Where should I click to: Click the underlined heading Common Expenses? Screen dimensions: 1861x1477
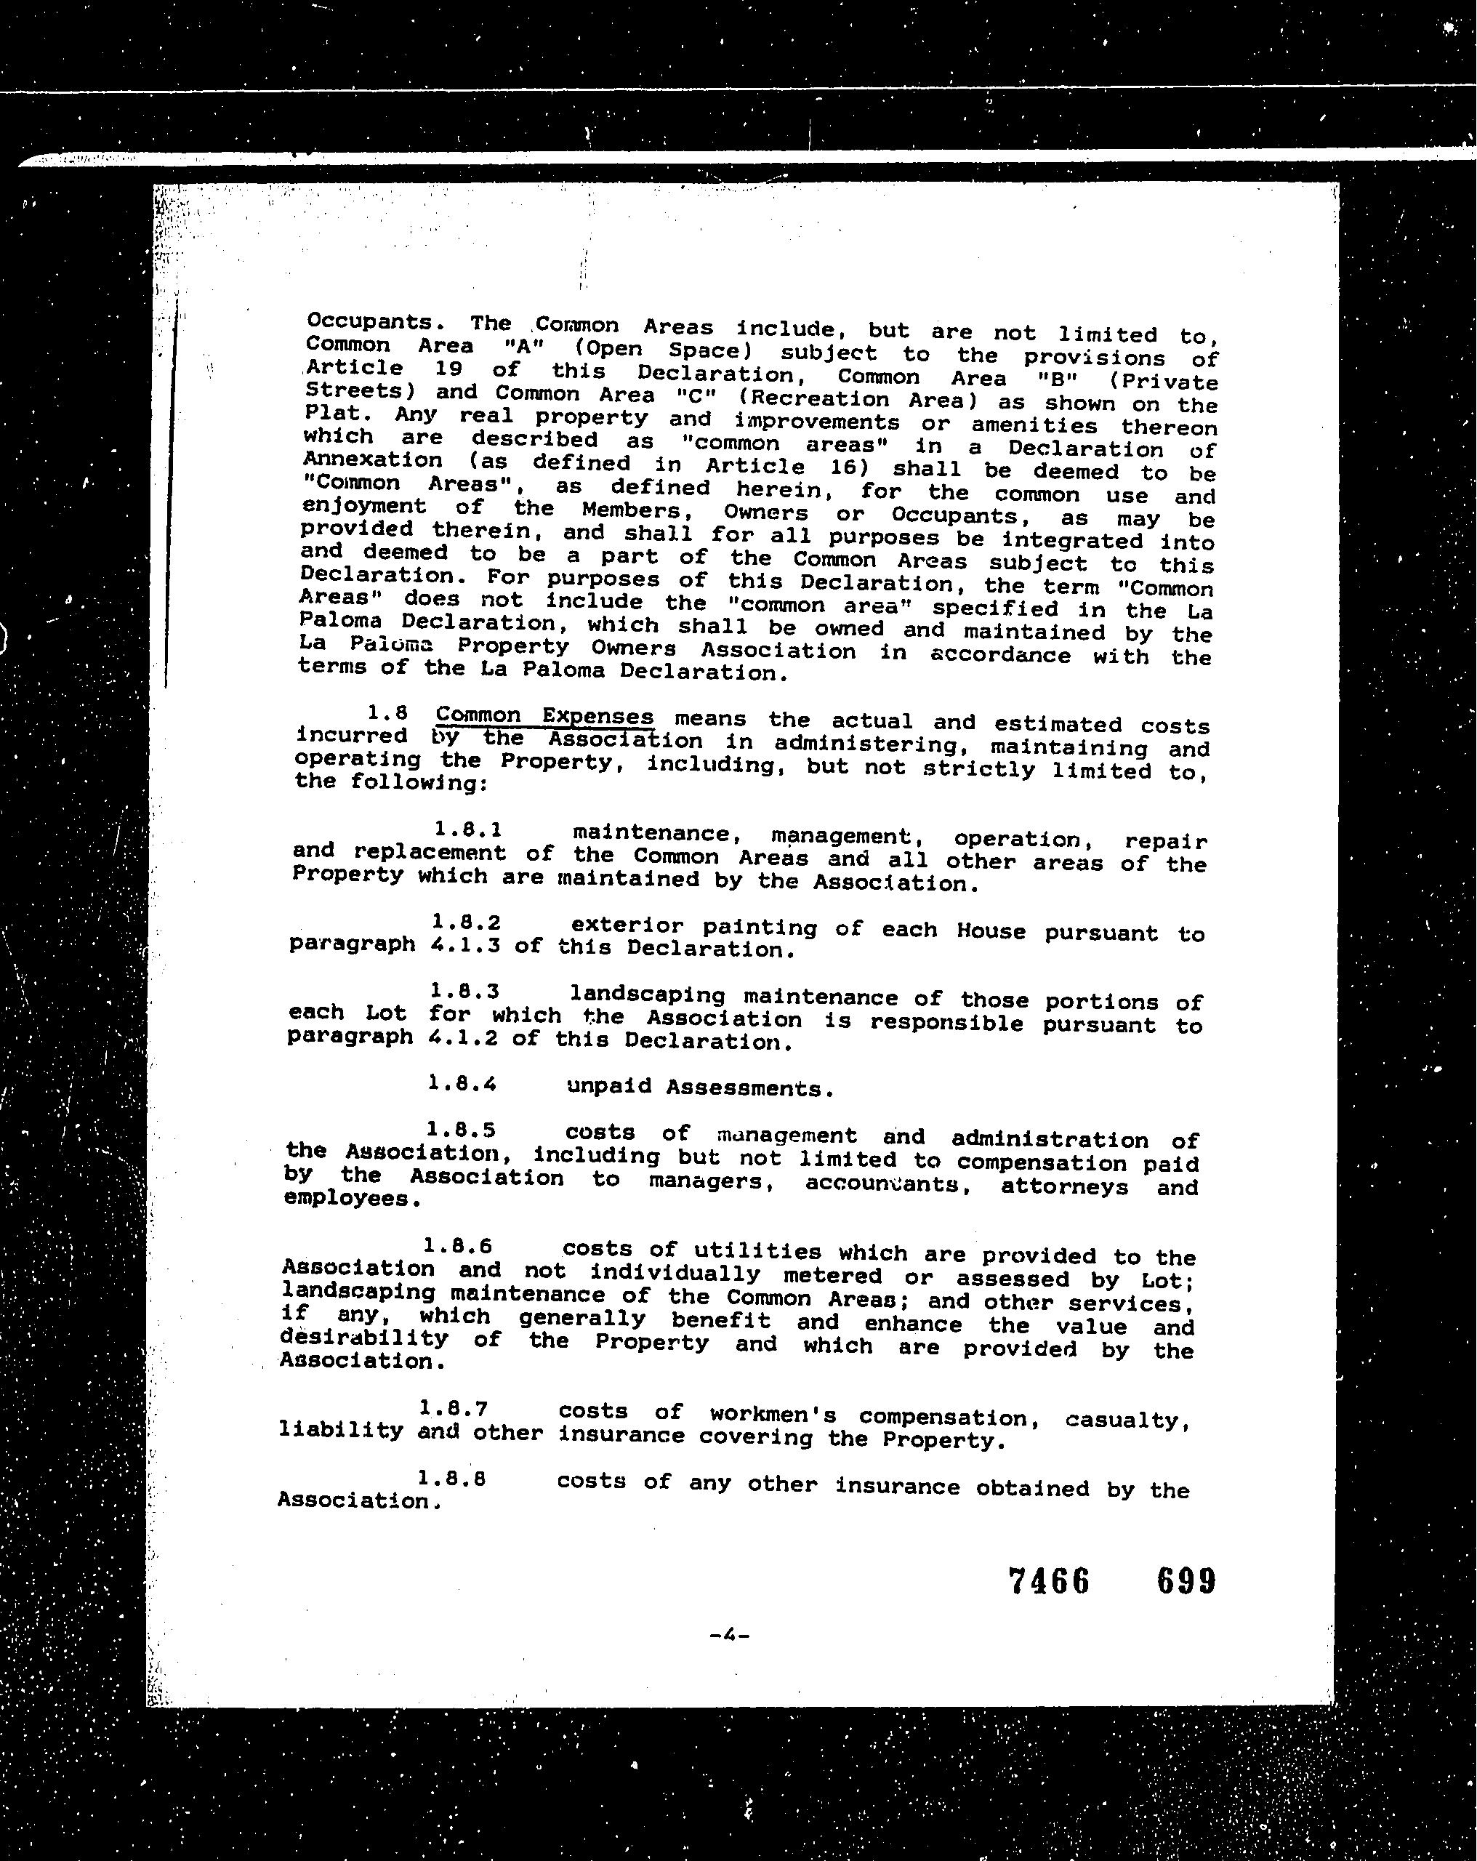click(x=544, y=718)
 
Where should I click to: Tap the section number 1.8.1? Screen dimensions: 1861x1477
click(x=468, y=829)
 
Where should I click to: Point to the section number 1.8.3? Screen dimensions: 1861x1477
click(x=464, y=992)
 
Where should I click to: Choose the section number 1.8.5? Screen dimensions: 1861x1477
click(x=460, y=1129)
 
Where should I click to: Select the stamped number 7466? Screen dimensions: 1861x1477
click(x=1049, y=1581)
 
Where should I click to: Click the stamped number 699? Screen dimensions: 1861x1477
click(x=1186, y=1581)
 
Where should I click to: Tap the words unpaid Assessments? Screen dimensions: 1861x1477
click(x=699, y=1087)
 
